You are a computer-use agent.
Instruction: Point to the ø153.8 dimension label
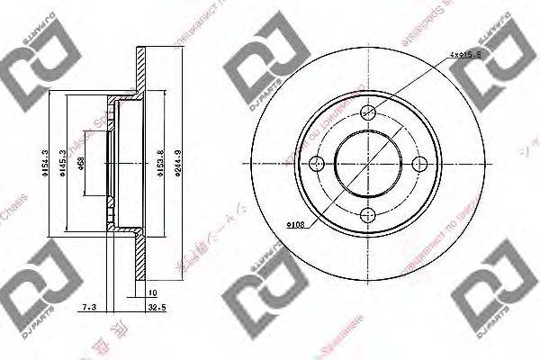[x=159, y=164]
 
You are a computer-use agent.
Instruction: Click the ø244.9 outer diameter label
[x=178, y=164]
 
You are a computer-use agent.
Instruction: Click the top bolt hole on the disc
[x=367, y=113]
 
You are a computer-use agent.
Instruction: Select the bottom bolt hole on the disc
[x=367, y=213]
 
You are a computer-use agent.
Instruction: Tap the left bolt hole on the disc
[x=317, y=164]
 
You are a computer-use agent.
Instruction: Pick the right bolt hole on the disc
[x=418, y=164]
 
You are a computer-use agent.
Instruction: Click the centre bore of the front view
[x=367, y=164]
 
